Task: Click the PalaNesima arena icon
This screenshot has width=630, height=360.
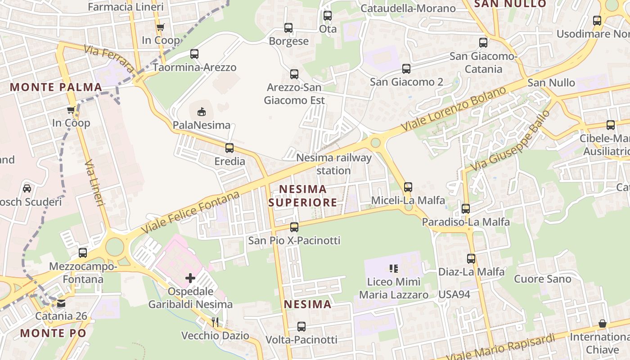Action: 202,111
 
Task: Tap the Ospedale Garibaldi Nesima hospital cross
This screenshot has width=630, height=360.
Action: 190,278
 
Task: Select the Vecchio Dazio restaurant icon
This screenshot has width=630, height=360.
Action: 215,321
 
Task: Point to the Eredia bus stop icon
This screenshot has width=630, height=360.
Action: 229,148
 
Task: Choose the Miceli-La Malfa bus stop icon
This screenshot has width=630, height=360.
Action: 408,186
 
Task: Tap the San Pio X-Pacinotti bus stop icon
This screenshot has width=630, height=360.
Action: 294,227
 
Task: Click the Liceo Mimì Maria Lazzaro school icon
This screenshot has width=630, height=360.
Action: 394,269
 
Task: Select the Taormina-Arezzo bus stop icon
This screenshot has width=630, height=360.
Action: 194,54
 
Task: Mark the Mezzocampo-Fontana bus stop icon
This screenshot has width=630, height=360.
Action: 83,252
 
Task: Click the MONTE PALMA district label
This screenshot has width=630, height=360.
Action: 56,87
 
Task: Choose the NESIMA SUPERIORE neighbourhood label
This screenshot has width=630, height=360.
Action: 302,195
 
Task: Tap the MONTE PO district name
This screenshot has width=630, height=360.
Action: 53,333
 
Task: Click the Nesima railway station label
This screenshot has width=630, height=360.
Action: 334,164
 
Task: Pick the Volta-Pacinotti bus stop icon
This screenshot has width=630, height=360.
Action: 301,327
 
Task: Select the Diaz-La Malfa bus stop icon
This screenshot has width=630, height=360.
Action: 471,259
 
